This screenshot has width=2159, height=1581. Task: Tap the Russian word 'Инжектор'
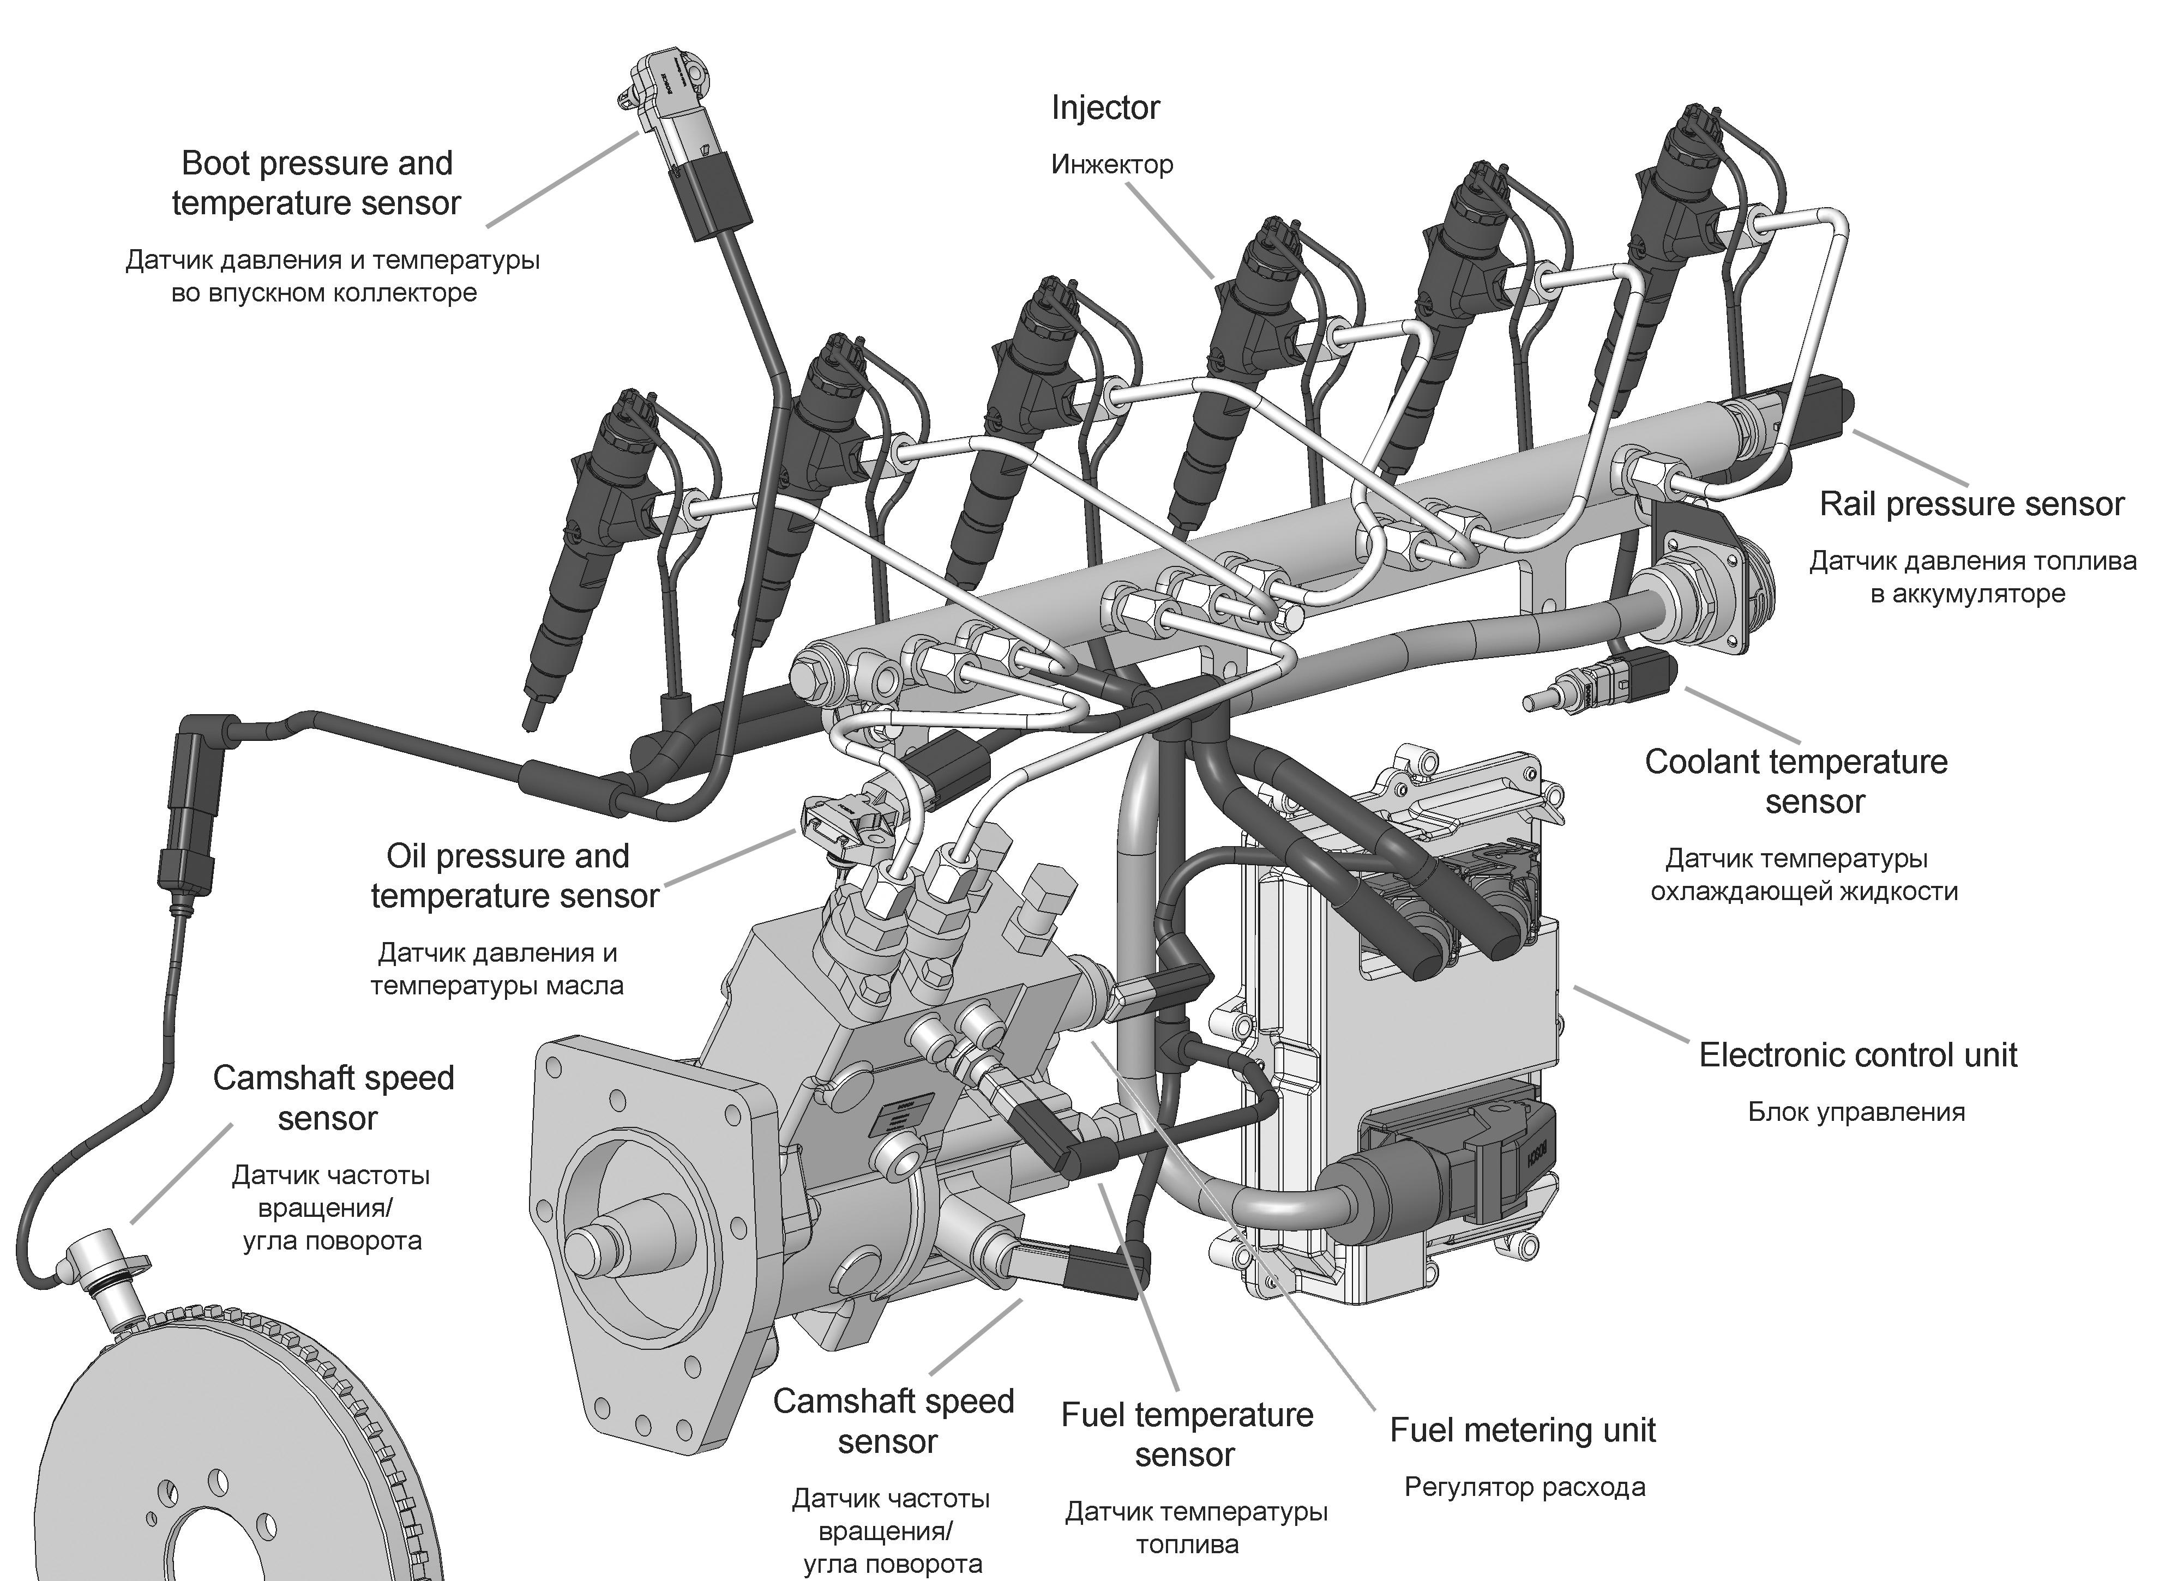(1111, 165)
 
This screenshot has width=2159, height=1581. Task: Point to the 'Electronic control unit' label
(1857, 1055)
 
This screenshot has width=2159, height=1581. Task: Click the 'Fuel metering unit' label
(1522, 1430)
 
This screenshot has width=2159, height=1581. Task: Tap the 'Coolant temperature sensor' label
(1796, 782)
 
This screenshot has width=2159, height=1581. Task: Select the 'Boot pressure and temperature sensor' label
(317, 183)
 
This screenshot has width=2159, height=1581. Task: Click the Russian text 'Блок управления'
(1855, 1112)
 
